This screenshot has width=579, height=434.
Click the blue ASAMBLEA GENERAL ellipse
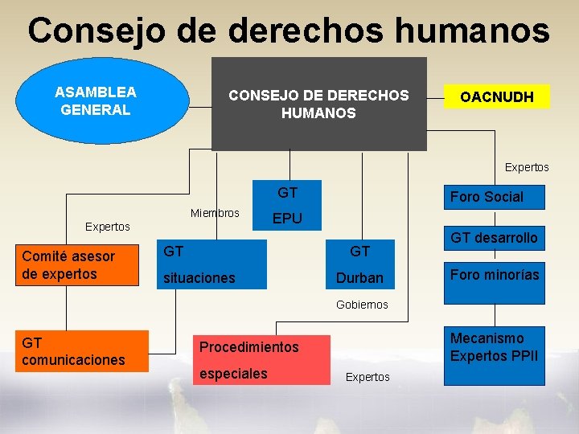pyautogui.click(x=95, y=102)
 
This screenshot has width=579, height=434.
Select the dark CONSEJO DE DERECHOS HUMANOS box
pyautogui.click(x=318, y=104)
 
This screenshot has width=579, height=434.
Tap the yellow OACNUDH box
pyautogui.click(x=496, y=97)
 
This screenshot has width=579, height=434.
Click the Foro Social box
pyautogui.click(x=486, y=197)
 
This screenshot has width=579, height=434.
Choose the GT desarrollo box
pyautogui.click(x=494, y=238)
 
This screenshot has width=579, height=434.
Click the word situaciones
pyautogui.click(x=199, y=278)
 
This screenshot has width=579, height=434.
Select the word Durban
pyautogui.click(x=359, y=278)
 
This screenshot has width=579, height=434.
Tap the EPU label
pyautogui.click(x=287, y=219)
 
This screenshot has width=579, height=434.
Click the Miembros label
pyautogui.click(x=215, y=213)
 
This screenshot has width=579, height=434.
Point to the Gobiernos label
pyautogui.click(x=362, y=305)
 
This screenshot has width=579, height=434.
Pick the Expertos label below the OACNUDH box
pyautogui.click(x=527, y=167)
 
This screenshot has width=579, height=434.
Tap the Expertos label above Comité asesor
pyautogui.click(x=108, y=227)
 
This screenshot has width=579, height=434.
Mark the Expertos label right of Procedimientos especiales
pyautogui.click(x=368, y=377)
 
